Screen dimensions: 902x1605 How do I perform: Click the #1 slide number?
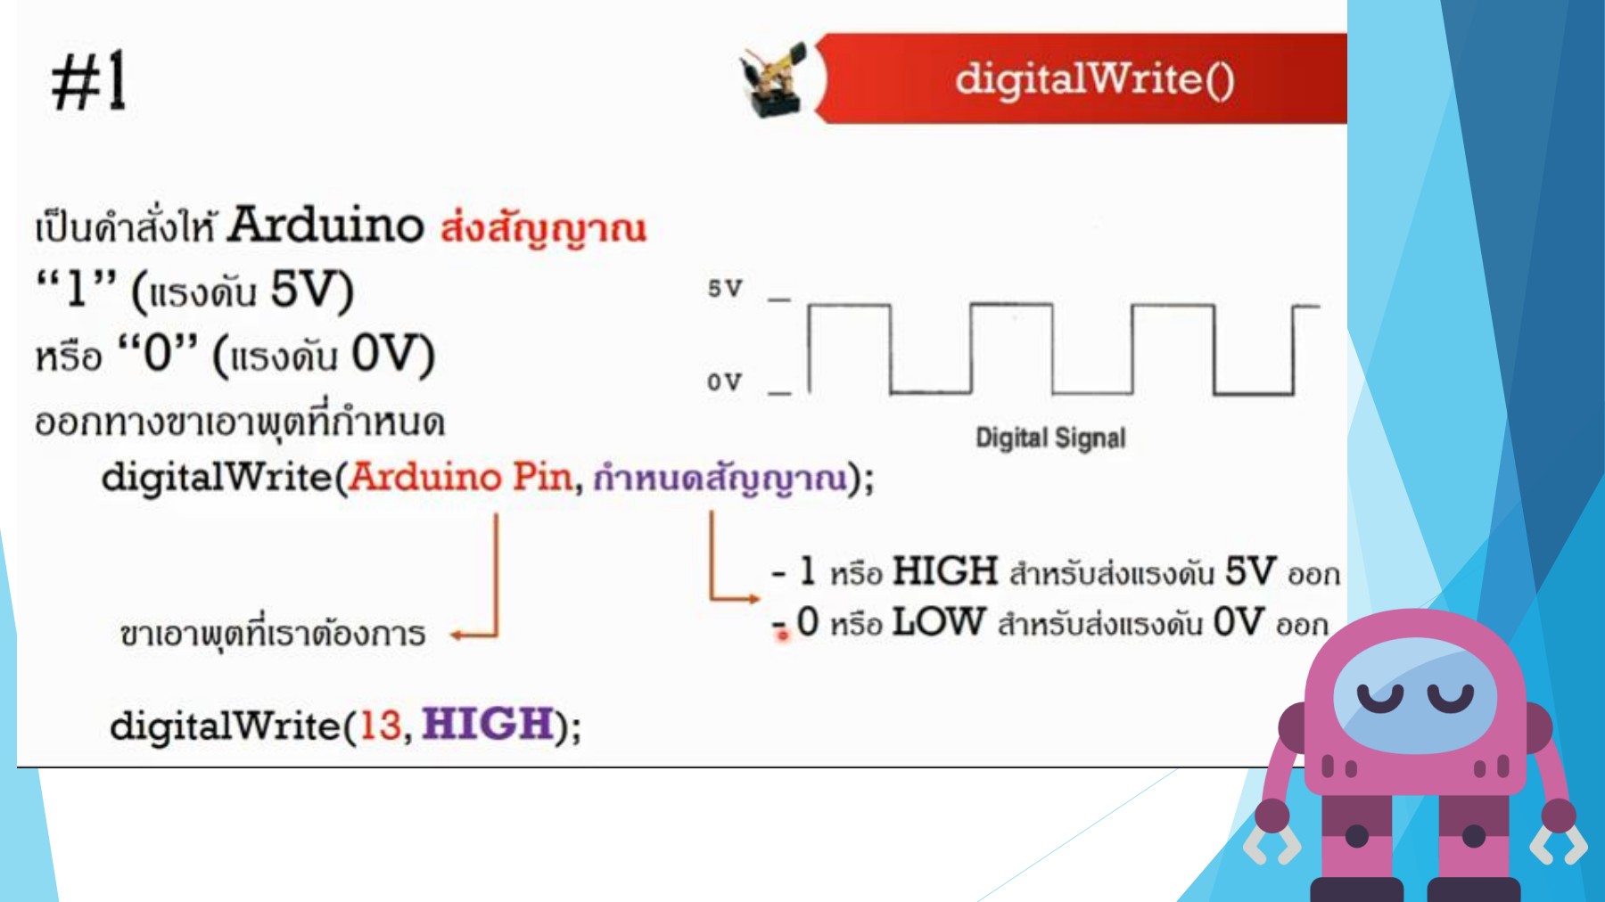pos(89,81)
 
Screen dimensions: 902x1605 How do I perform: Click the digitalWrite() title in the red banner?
pos(1094,79)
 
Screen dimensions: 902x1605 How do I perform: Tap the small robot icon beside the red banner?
pos(772,80)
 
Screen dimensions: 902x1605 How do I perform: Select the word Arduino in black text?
pos(325,225)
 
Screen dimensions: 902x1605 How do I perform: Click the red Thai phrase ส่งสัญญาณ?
pos(543,227)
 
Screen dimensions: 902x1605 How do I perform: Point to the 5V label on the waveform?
pos(725,289)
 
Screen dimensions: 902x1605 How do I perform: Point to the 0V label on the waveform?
pos(724,381)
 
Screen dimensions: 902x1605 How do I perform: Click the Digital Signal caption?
pos(1050,438)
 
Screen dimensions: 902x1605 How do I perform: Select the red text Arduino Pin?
pos(460,477)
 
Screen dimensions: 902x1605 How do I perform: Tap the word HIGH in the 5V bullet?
pos(945,571)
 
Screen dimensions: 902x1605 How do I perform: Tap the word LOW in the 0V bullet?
pos(939,622)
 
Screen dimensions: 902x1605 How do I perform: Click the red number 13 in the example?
pos(380,725)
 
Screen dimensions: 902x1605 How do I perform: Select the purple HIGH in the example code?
pos(488,723)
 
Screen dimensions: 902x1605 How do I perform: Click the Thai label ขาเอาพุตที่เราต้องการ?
pos(273,634)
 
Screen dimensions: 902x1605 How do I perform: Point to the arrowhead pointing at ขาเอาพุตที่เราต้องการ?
pos(457,635)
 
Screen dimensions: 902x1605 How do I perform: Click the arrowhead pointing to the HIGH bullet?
pos(753,598)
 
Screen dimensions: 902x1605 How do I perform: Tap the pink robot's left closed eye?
pos(1379,697)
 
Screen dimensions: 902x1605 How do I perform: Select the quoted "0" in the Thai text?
pos(158,354)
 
